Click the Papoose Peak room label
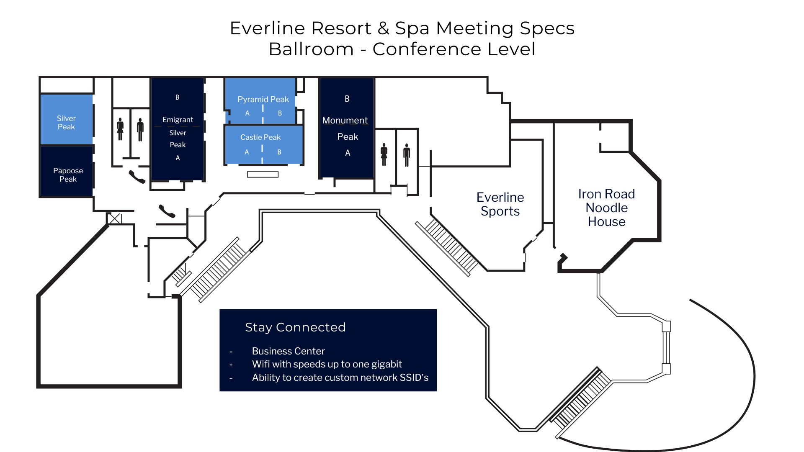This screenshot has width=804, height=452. [68, 175]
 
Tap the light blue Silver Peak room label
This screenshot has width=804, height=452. [66, 123]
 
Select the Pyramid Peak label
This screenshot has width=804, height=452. [263, 99]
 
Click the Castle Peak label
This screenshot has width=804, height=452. [260, 137]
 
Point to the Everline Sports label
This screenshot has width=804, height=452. [500, 204]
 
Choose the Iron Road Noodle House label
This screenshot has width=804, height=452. [606, 208]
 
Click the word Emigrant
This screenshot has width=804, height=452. [178, 120]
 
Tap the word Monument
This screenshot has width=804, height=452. [345, 121]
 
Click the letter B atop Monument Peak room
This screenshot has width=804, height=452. [347, 99]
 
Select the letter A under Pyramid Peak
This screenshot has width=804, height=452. [247, 113]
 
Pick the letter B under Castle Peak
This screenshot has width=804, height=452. [279, 152]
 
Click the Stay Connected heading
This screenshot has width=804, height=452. [295, 327]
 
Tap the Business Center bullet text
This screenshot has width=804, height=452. [288, 351]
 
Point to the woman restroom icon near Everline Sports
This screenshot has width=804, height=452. [384, 155]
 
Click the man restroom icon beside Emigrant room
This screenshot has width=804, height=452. [140, 130]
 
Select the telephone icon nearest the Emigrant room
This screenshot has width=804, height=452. [137, 177]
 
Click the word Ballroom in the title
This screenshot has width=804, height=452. [311, 49]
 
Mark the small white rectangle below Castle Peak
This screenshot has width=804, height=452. [263, 175]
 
